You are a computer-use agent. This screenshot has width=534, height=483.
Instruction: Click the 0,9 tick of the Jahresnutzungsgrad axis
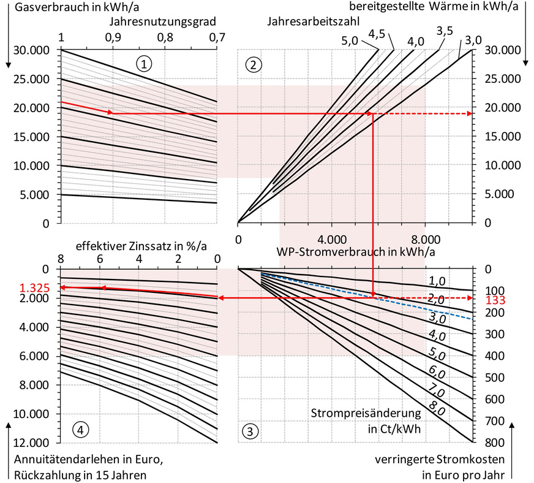click(112, 38)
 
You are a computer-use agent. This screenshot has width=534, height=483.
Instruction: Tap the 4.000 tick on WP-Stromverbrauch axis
click(330, 238)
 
